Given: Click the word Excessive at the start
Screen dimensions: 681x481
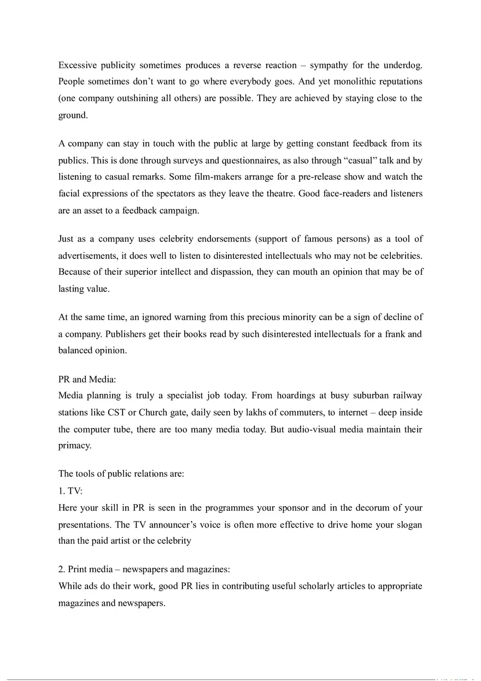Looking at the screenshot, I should pyautogui.click(x=78, y=66).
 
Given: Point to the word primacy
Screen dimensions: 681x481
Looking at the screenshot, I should pyautogui.click(x=74, y=446).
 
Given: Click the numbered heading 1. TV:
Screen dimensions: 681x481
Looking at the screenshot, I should pyautogui.click(x=71, y=491).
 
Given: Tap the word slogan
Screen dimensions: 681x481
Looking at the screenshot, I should pyautogui.click(x=407, y=525).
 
